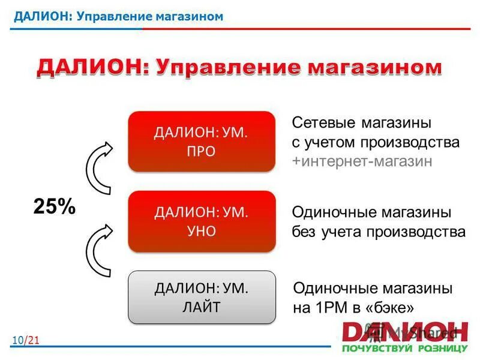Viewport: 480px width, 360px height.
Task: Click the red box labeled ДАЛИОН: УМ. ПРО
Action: coord(201,142)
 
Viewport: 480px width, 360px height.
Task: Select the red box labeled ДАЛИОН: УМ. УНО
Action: coord(201,221)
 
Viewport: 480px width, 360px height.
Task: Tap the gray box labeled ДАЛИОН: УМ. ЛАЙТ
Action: coord(201,298)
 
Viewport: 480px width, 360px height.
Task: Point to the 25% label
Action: coord(54,207)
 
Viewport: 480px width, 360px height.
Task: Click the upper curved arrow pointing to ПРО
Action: coord(99,169)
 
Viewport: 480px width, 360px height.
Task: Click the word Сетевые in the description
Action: coord(324,124)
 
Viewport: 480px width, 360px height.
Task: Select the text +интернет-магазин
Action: coord(362,162)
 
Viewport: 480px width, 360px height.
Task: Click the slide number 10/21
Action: coord(25,341)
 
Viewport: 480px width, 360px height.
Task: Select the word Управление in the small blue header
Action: coord(107,16)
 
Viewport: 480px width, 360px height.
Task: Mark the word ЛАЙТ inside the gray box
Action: coord(201,307)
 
